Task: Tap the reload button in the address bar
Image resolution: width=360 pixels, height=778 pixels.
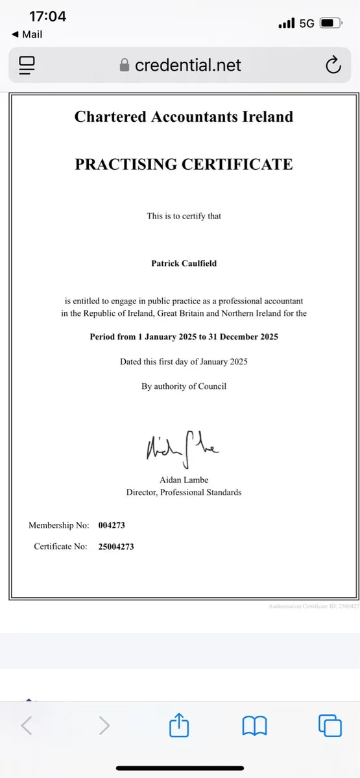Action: click(333, 65)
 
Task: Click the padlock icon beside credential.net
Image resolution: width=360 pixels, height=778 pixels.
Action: click(125, 65)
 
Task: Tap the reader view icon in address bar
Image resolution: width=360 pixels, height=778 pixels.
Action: click(27, 65)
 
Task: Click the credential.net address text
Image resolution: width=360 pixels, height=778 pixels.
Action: click(187, 65)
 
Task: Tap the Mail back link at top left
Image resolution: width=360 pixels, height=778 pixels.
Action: click(27, 34)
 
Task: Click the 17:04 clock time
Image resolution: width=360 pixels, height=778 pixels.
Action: click(48, 16)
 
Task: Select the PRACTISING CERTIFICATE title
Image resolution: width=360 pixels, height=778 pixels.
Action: click(184, 164)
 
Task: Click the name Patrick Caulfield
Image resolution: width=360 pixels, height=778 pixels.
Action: click(184, 264)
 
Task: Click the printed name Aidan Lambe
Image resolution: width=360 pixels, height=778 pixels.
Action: click(184, 479)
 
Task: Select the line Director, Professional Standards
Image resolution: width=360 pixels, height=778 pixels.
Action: click(184, 492)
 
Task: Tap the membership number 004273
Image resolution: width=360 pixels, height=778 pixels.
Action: click(112, 525)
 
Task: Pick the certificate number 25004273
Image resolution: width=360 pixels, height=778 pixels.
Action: click(116, 547)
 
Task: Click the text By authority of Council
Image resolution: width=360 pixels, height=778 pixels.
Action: click(184, 386)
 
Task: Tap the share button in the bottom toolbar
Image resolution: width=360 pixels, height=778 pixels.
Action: click(178, 726)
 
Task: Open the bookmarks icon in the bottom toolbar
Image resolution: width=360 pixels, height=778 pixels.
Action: click(255, 726)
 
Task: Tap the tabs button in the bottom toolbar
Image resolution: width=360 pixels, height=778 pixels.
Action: click(330, 725)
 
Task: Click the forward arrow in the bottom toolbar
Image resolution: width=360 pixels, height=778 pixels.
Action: click(104, 726)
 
